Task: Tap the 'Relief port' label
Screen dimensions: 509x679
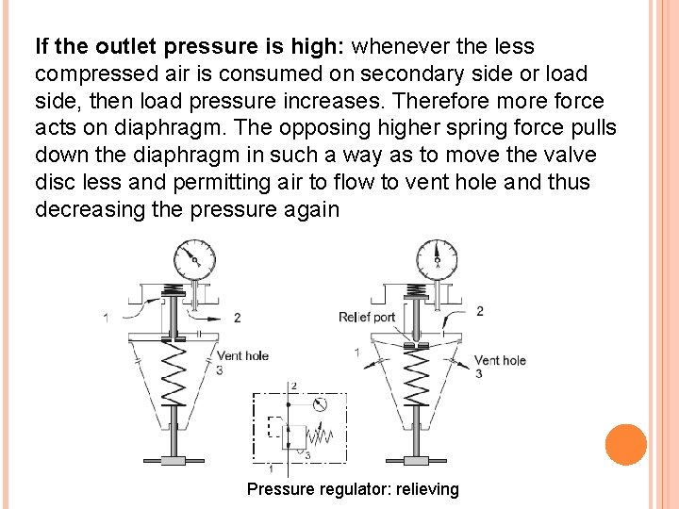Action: click(x=367, y=317)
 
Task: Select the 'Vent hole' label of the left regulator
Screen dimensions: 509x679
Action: click(x=242, y=355)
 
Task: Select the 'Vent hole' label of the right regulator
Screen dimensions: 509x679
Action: click(x=500, y=360)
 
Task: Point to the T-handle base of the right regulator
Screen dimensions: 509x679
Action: click(x=416, y=460)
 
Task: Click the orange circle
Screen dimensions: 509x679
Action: click(x=625, y=444)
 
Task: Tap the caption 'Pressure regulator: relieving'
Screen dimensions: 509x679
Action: click(x=353, y=489)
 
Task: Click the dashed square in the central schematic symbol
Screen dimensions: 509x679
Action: click(x=275, y=426)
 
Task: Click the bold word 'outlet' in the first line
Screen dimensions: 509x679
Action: click(x=126, y=46)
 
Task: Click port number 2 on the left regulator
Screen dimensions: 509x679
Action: click(x=237, y=318)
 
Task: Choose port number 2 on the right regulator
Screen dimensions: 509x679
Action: click(x=479, y=311)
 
